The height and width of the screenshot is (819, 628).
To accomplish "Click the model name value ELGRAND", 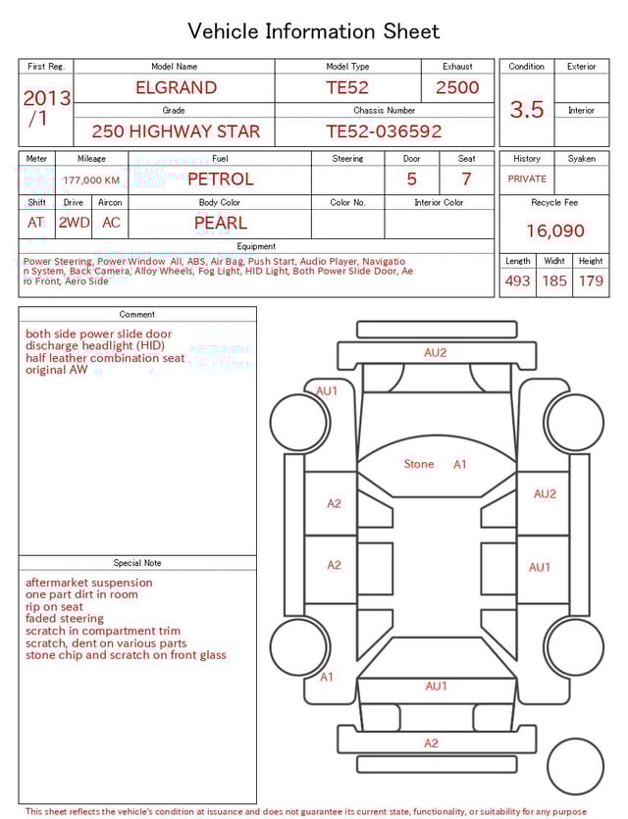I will [x=176, y=87].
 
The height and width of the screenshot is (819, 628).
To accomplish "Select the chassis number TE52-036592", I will [x=384, y=131].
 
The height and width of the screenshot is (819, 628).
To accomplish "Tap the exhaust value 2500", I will [x=457, y=87].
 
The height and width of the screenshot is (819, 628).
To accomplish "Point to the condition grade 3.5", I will [x=527, y=110].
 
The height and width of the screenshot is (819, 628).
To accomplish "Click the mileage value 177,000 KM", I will [x=91, y=180].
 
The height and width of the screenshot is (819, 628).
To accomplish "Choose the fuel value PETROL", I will [x=220, y=179].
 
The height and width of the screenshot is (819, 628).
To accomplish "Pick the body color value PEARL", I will [x=220, y=223].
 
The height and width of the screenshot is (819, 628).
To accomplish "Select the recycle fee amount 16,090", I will [x=554, y=231].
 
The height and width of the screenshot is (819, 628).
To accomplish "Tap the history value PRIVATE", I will [x=527, y=179].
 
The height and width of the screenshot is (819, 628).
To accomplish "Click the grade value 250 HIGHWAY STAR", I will [x=176, y=131].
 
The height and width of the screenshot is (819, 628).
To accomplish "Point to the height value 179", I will [x=591, y=281].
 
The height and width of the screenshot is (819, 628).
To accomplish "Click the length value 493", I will [x=517, y=281].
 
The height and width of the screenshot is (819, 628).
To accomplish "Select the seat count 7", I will [x=466, y=179].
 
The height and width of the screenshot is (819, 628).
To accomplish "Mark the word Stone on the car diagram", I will [x=419, y=464].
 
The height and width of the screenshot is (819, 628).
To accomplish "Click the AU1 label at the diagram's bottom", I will [x=436, y=687].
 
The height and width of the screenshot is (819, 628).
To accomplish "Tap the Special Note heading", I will [x=137, y=563].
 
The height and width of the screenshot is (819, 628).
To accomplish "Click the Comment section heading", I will [x=137, y=315].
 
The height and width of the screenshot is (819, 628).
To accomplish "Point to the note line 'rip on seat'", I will [x=54, y=607].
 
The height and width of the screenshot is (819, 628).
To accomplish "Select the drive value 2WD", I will [x=74, y=223].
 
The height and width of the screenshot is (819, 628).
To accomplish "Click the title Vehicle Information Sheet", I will [x=314, y=31].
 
